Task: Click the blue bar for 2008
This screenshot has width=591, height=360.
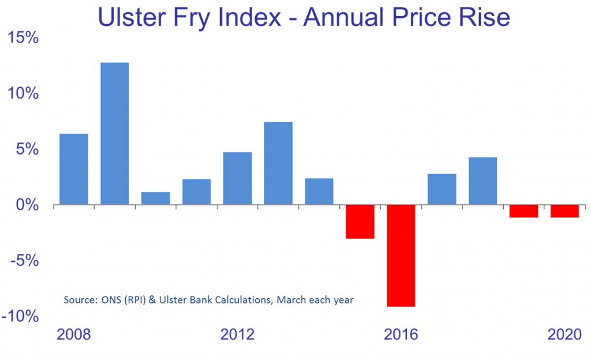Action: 74,169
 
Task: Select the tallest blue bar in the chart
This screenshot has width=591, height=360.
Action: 115,133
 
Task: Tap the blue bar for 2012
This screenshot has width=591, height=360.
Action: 237,178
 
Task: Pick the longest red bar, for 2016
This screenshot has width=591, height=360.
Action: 401,256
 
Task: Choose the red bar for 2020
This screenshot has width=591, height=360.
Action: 564,211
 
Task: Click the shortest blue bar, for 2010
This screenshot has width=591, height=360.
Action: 156,198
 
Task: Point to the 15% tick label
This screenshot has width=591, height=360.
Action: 23,39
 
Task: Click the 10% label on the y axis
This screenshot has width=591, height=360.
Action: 23,94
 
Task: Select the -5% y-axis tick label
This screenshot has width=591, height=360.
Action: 25,261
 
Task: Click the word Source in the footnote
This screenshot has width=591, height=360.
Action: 77,300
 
